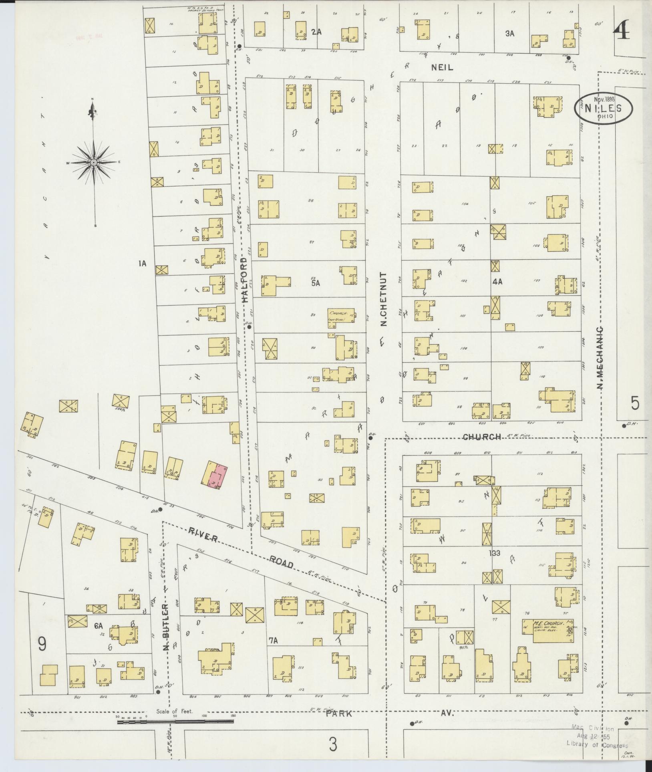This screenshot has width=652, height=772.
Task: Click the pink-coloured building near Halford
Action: pyautogui.click(x=217, y=476)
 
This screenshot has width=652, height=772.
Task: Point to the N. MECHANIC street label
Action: pyautogui.click(x=600, y=357)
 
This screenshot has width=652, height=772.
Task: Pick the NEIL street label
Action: pyautogui.click(x=442, y=68)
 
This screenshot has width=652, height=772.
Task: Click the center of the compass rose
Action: pyautogui.click(x=93, y=162)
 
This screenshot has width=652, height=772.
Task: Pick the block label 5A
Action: pyautogui.click(x=315, y=283)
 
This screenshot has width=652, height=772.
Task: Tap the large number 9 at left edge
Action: pyautogui.click(x=42, y=644)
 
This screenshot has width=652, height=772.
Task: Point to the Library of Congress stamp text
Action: pyautogui.click(x=597, y=745)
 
